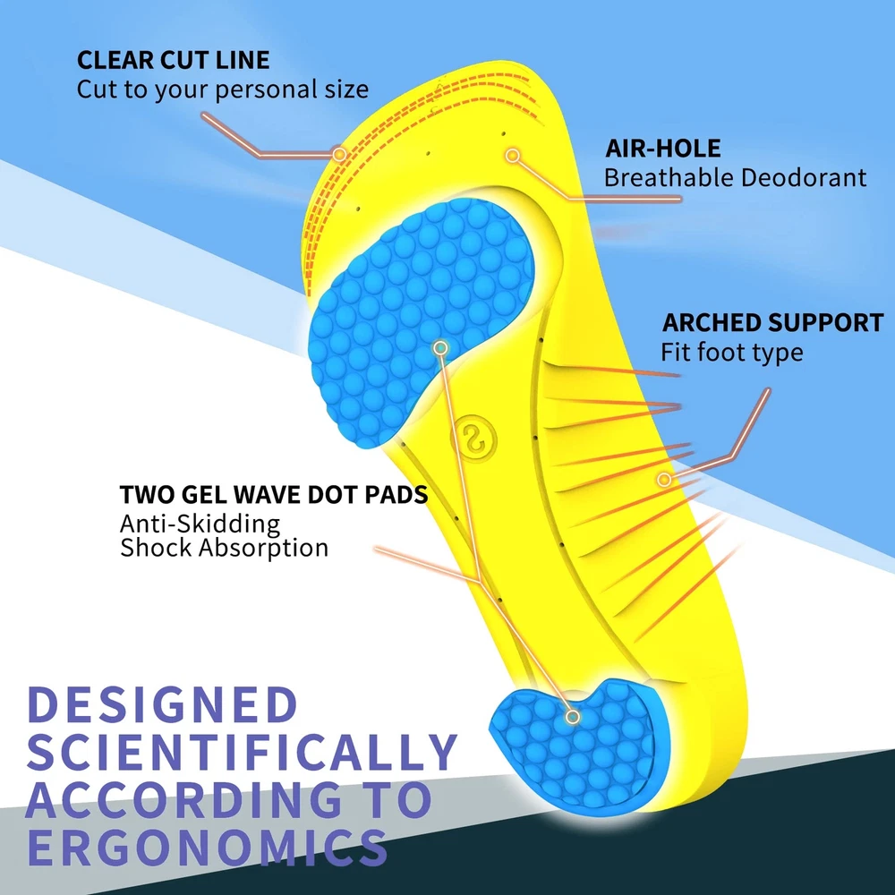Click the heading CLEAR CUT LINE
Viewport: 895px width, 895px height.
(173, 60)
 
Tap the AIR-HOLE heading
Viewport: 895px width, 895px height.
(662, 148)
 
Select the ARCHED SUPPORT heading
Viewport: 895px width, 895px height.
(773, 322)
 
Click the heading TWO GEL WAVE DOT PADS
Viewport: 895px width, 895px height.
(273, 494)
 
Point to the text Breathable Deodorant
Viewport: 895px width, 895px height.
(735, 177)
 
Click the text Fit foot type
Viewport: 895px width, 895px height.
(732, 352)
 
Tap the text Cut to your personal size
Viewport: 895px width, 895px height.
(223, 89)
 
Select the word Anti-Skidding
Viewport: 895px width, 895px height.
(200, 524)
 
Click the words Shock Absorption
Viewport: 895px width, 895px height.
(225, 548)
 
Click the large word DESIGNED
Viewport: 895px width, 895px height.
(162, 704)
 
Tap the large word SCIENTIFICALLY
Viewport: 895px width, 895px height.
(242, 752)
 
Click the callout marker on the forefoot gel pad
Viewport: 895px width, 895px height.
(440, 347)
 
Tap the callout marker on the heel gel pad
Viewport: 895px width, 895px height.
(573, 716)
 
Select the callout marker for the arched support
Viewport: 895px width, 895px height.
(664, 480)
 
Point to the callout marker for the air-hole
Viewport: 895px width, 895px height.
(513, 155)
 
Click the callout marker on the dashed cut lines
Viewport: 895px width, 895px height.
(339, 154)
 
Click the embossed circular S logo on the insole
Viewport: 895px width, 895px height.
(473, 439)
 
